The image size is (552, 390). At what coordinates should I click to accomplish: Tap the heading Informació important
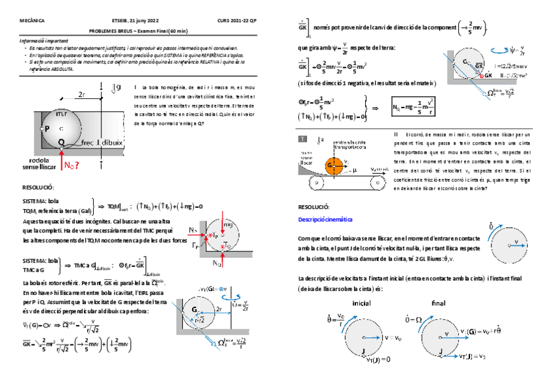[42, 40]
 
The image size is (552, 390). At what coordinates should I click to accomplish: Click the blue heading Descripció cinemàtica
[325, 219]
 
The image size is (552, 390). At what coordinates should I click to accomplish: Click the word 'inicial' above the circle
[361, 303]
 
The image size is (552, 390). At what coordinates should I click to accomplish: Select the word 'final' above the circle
[438, 303]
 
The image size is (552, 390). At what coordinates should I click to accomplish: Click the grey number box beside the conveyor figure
[303, 139]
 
